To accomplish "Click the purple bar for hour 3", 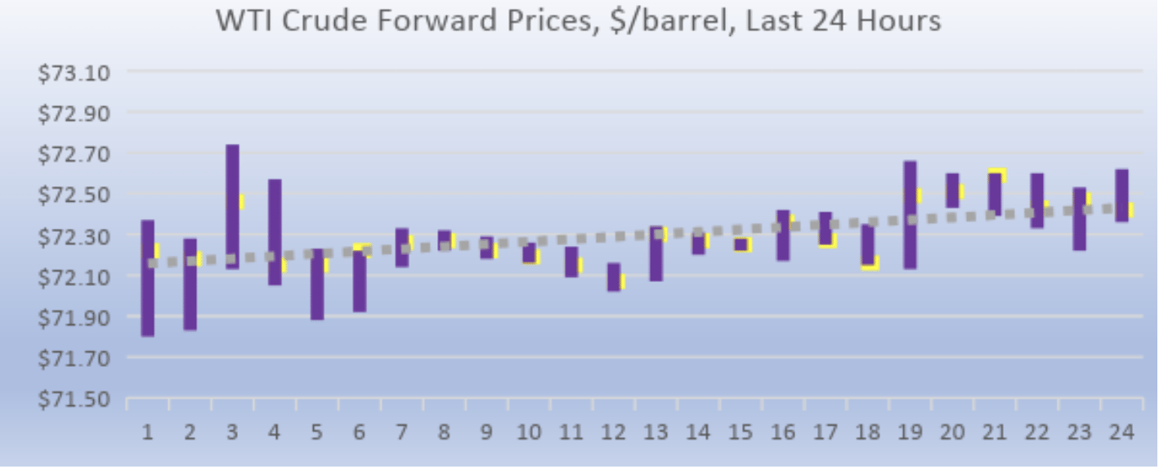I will pyautogui.click(x=232, y=207).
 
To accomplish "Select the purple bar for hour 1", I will pyautogui.click(x=148, y=278).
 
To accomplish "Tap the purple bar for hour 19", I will pyautogui.click(x=910, y=215).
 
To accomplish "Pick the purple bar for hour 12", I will pyautogui.click(x=614, y=277).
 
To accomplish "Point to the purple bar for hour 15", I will pyautogui.click(x=741, y=244).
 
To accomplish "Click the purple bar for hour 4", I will pyautogui.click(x=275, y=232).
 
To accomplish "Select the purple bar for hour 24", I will pyautogui.click(x=1121, y=195).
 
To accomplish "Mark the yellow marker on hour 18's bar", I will pyautogui.click(x=871, y=265).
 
